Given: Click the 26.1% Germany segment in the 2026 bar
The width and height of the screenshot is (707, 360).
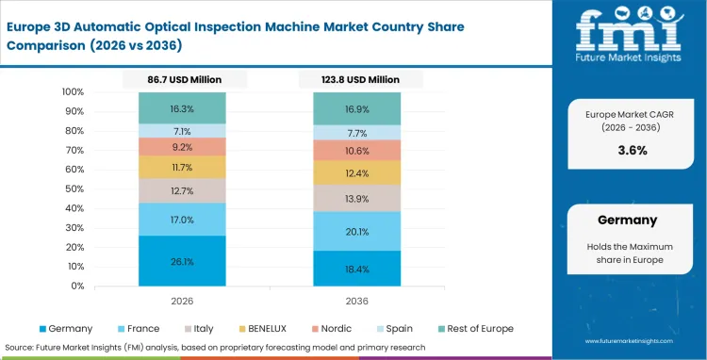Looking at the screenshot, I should (x=182, y=261).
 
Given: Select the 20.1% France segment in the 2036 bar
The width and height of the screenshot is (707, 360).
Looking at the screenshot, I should (x=357, y=232).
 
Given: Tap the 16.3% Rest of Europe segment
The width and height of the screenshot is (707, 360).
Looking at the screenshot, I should (x=182, y=108).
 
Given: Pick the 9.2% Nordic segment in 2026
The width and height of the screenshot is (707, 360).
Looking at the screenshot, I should (x=182, y=147).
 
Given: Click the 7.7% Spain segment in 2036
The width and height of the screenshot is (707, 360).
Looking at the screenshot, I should (x=357, y=133).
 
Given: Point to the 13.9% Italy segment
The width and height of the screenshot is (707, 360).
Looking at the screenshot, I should (x=357, y=199).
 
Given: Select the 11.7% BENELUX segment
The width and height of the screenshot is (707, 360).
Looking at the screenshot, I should (x=182, y=168).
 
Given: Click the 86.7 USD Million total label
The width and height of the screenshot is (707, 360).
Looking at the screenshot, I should (x=182, y=80).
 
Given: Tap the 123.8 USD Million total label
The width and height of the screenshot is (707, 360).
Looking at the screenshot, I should (x=357, y=80).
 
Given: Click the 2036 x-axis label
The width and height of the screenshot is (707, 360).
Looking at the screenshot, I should (x=357, y=301).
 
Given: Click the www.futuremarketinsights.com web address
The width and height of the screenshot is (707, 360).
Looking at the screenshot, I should (x=637, y=341).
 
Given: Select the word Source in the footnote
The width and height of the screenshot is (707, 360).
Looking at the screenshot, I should (x=22, y=346).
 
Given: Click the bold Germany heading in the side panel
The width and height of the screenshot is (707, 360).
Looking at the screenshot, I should (x=627, y=220).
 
